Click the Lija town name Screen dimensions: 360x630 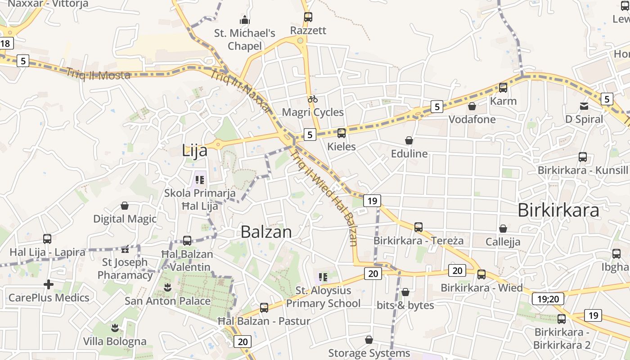195,151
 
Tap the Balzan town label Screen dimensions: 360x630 266,232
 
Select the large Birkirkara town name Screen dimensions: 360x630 558,210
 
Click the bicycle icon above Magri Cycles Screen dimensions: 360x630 313,99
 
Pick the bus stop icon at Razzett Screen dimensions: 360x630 308,17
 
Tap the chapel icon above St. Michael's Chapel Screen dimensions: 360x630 244,20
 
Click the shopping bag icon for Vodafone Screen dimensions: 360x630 472,106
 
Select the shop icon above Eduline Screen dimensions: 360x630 409,140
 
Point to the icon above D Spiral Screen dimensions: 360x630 584,106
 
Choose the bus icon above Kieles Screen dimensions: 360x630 342,133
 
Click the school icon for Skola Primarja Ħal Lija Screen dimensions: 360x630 200,180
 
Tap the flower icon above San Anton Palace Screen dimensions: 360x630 168,288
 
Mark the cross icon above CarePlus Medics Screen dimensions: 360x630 49,284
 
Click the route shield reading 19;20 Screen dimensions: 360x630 548,299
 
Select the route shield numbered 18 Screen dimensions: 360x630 6,44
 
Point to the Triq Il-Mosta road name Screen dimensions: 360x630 99,73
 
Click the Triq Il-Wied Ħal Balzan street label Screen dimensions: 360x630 324,198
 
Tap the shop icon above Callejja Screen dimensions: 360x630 503,229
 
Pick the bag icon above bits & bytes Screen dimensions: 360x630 405,292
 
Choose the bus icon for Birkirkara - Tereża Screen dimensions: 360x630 418,227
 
